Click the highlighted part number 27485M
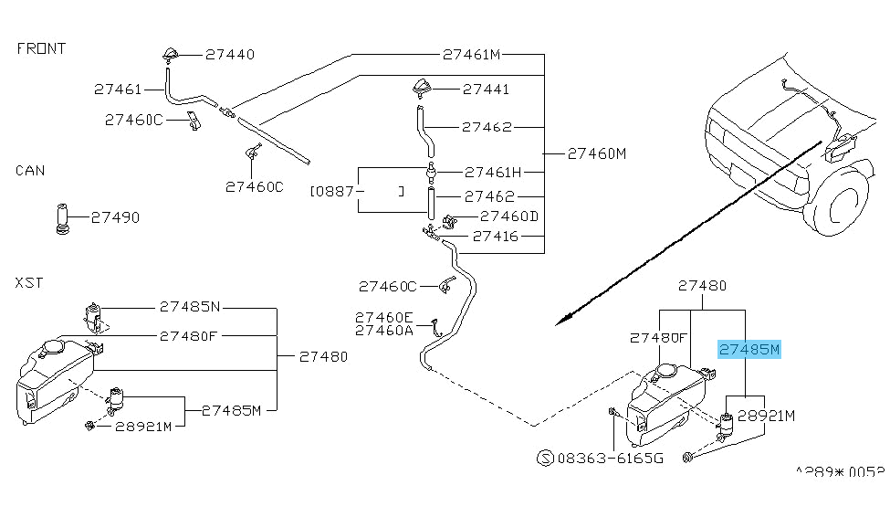coord(749,349)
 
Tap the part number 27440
coord(229,54)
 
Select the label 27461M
coord(471,54)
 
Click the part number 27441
coord(487,90)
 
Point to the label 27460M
coord(596,153)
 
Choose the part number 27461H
coord(493,172)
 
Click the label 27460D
coord(509,216)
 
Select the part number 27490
coord(115,217)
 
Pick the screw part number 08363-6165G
coord(610,459)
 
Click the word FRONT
coord(41,48)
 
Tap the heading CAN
coord(30,171)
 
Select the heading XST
coord(29,284)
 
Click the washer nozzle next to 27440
coord(172,54)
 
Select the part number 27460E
coord(383,317)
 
